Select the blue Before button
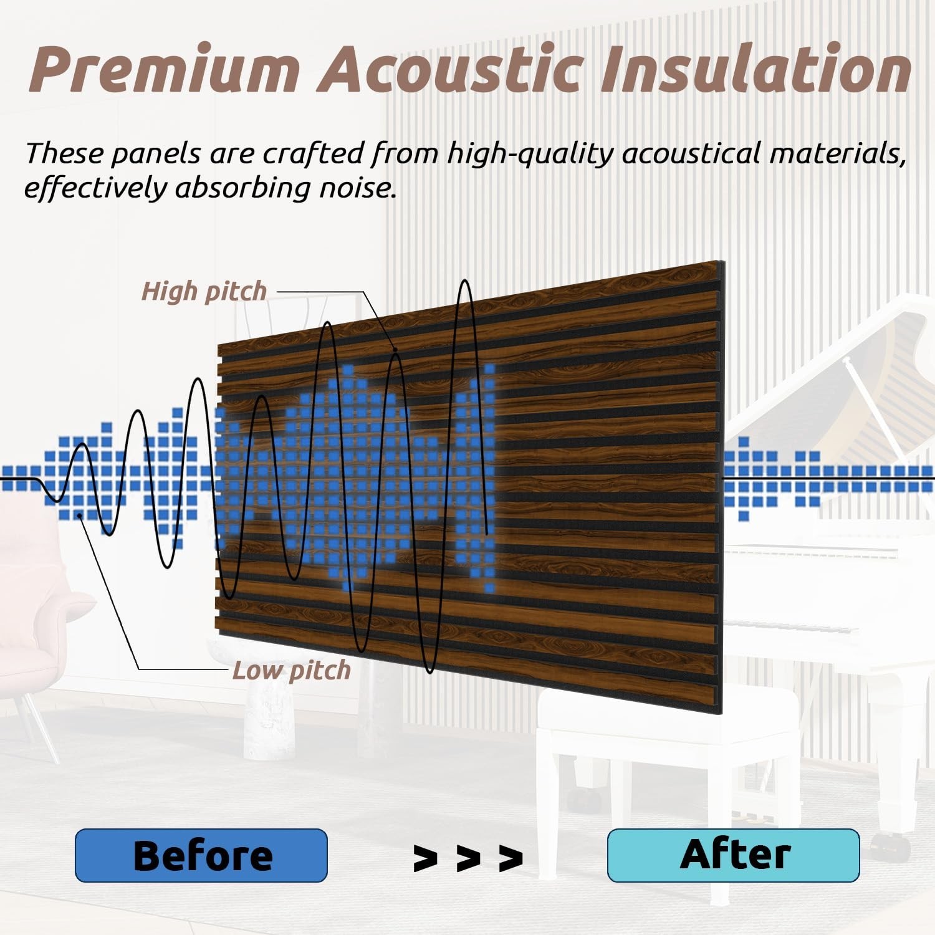[x=201, y=855]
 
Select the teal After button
[x=734, y=855]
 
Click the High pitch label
[x=204, y=291]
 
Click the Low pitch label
[x=291, y=671]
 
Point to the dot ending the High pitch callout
[x=395, y=350]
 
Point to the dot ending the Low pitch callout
[x=80, y=515]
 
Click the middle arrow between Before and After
[x=468, y=859]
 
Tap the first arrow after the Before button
[x=425, y=859]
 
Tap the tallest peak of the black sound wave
[x=464, y=282]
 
